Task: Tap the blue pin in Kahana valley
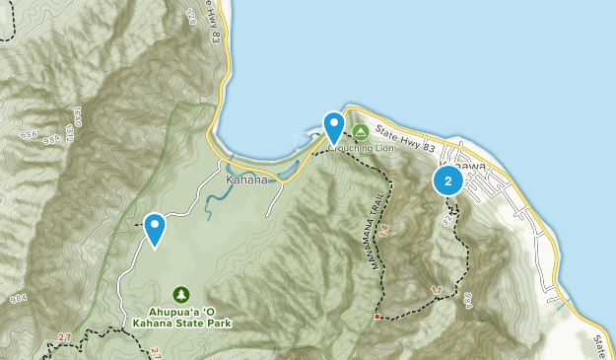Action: (x=155, y=228)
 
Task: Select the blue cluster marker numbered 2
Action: (x=448, y=180)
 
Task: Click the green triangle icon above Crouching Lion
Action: (x=361, y=132)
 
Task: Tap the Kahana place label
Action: (x=246, y=180)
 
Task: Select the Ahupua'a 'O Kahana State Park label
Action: (x=181, y=314)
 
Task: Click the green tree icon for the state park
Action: (x=181, y=294)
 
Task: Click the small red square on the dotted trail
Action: (x=376, y=317)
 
